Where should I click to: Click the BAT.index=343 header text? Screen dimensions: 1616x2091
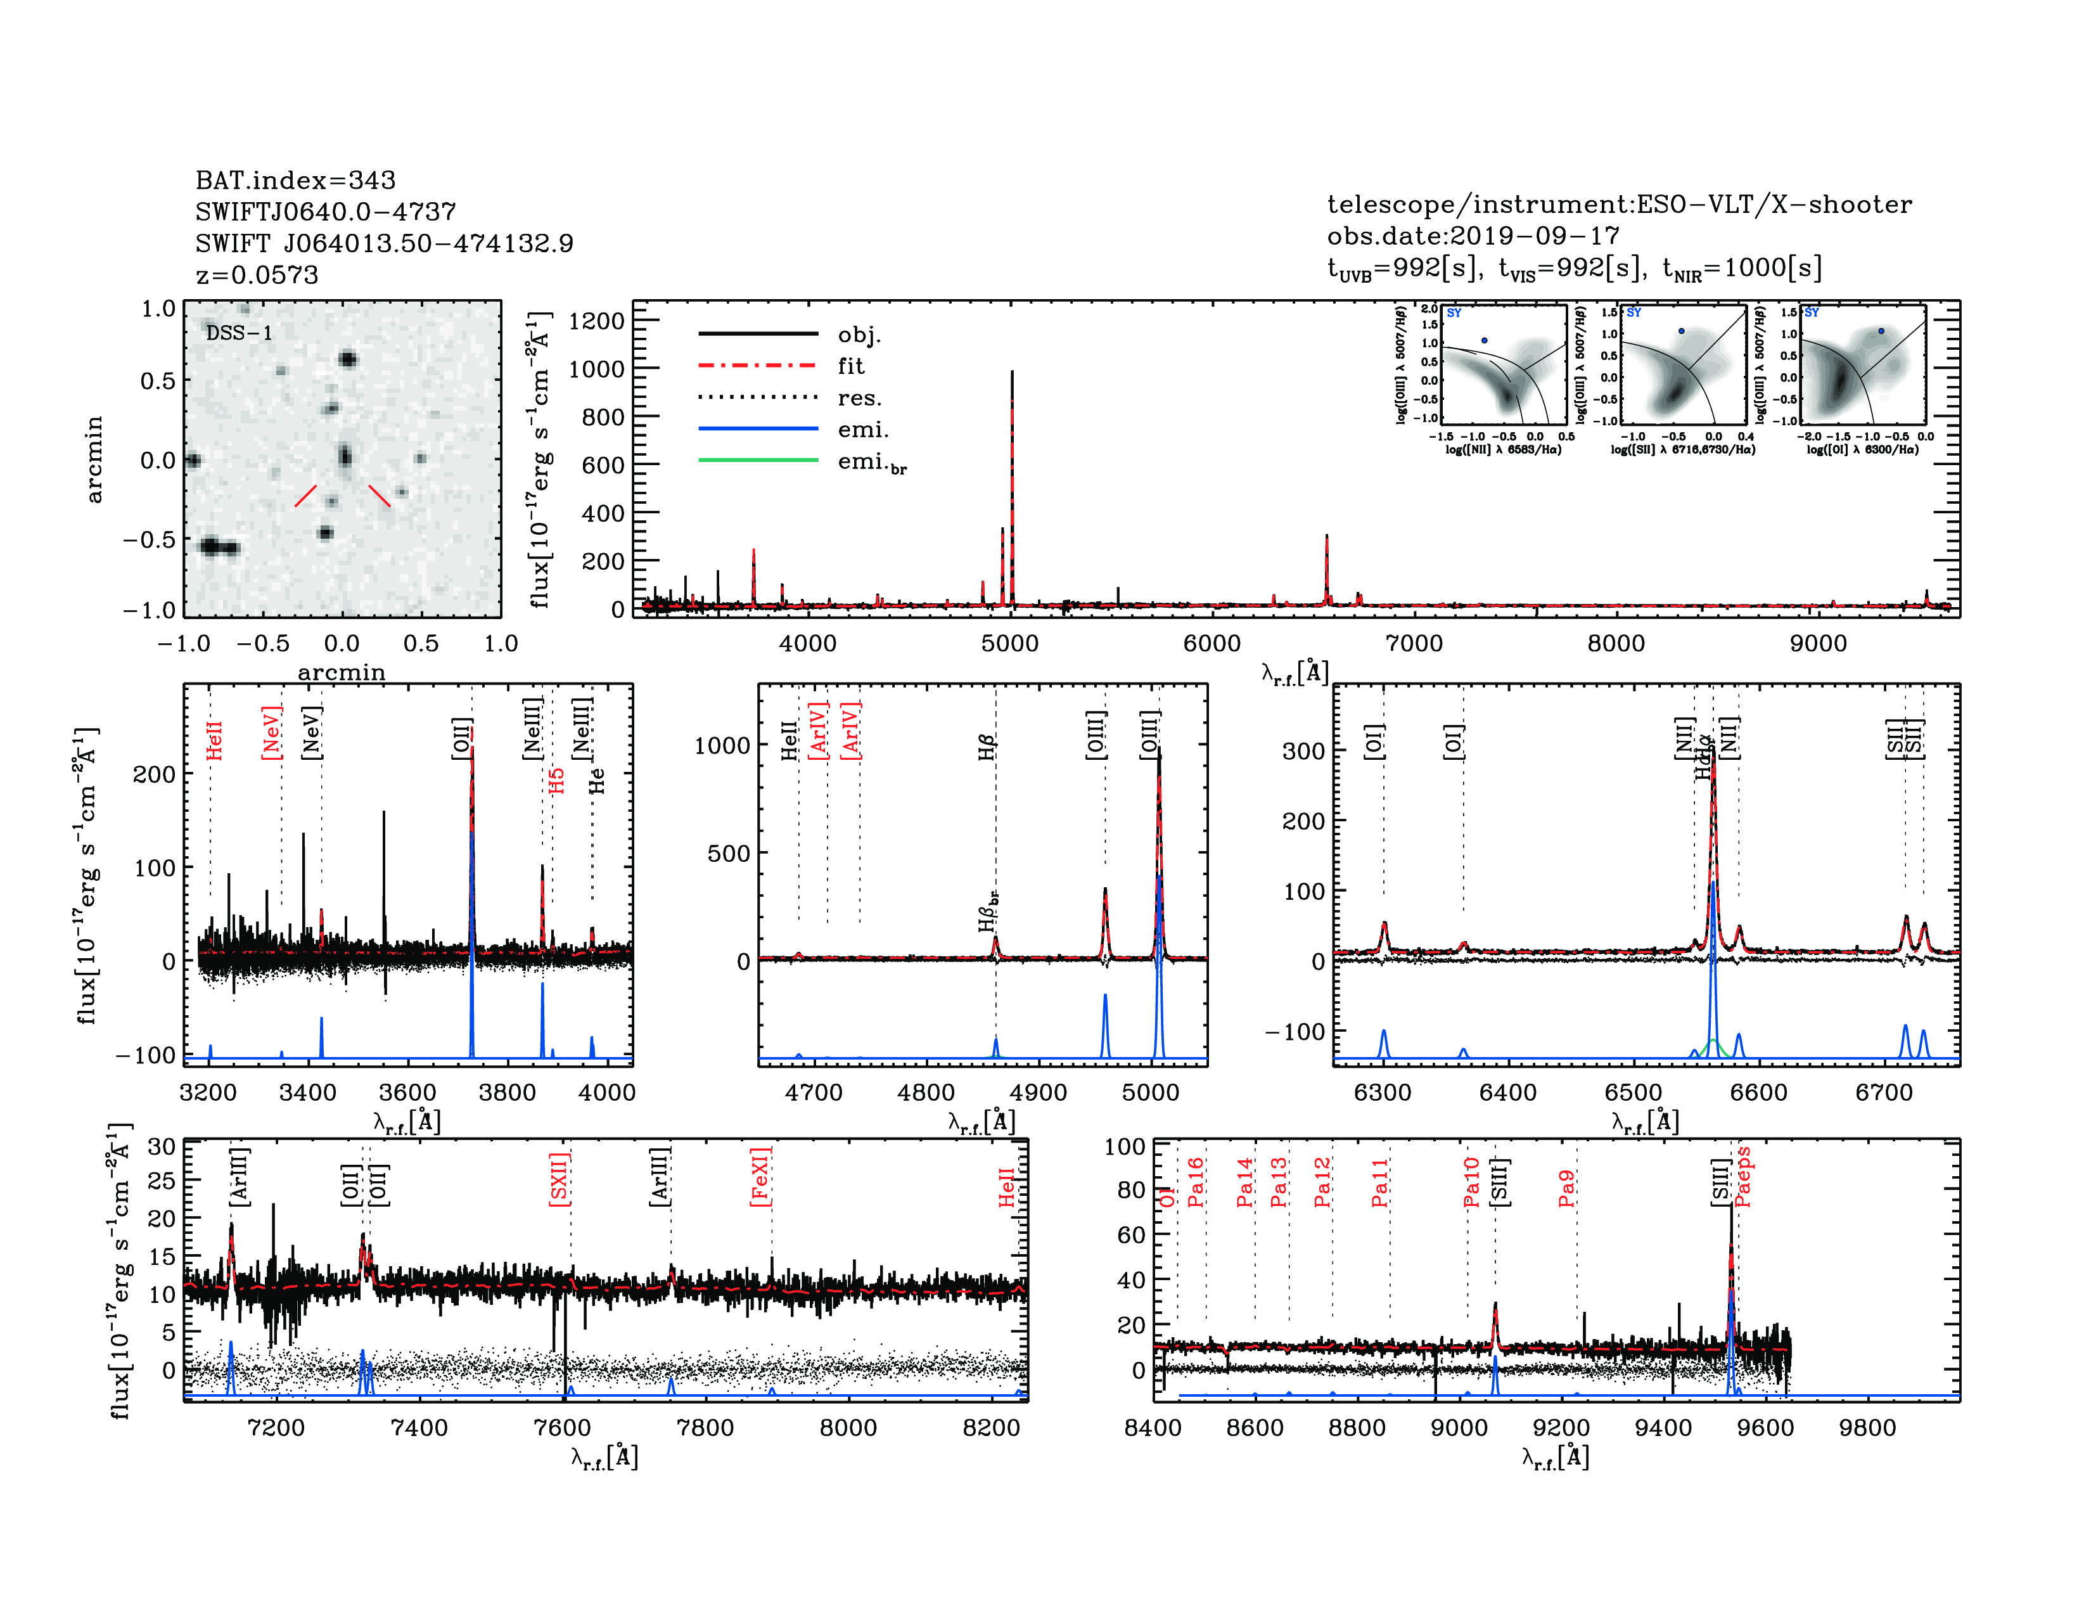click(295, 180)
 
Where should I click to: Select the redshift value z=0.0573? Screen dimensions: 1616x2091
click(257, 275)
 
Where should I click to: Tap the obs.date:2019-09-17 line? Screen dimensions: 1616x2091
click(1473, 236)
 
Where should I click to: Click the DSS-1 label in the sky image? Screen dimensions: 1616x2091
click(240, 333)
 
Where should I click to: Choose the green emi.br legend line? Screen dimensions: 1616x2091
click(758, 461)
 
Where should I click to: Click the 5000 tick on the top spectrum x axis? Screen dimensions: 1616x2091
click(1010, 643)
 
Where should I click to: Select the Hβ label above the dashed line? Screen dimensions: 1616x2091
click(987, 747)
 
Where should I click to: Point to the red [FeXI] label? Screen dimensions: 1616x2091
click(760, 1177)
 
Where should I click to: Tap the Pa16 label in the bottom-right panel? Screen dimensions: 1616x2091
click(1196, 1183)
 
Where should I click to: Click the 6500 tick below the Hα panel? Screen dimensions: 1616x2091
click(1634, 1093)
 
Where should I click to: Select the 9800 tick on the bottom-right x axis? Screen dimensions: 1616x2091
click(1867, 1427)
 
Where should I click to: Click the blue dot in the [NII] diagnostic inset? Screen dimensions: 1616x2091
click(1484, 340)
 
